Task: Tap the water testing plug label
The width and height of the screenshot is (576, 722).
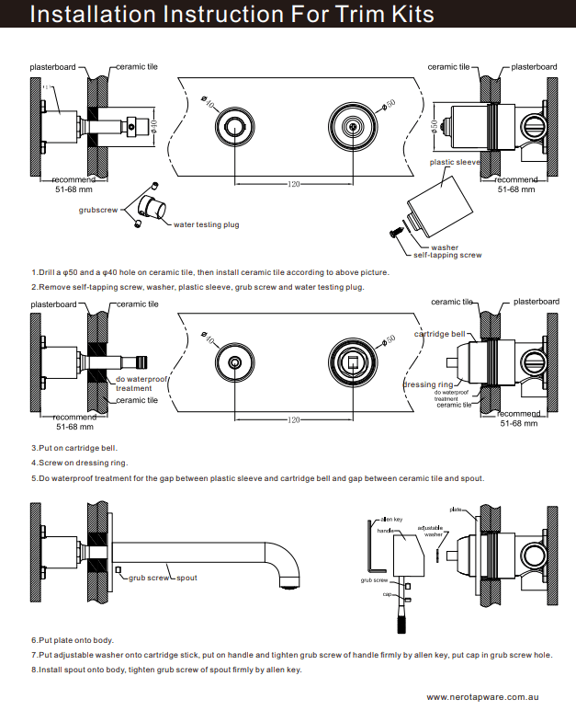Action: tap(206, 224)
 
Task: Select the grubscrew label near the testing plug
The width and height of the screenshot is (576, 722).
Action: tap(97, 211)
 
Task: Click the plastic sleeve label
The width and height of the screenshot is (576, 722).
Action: tap(456, 162)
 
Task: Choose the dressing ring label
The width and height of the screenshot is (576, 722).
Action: tap(428, 384)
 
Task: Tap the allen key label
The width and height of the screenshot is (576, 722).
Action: tap(391, 520)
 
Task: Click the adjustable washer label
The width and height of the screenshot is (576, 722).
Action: tap(434, 531)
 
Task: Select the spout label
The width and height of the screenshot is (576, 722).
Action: tap(187, 578)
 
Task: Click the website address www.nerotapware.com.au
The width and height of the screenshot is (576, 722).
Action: tap(481, 698)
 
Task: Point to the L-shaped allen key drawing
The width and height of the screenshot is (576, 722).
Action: tap(369, 552)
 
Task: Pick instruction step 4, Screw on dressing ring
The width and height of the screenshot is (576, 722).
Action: tap(80, 463)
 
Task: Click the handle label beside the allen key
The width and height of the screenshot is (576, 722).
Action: tap(386, 531)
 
